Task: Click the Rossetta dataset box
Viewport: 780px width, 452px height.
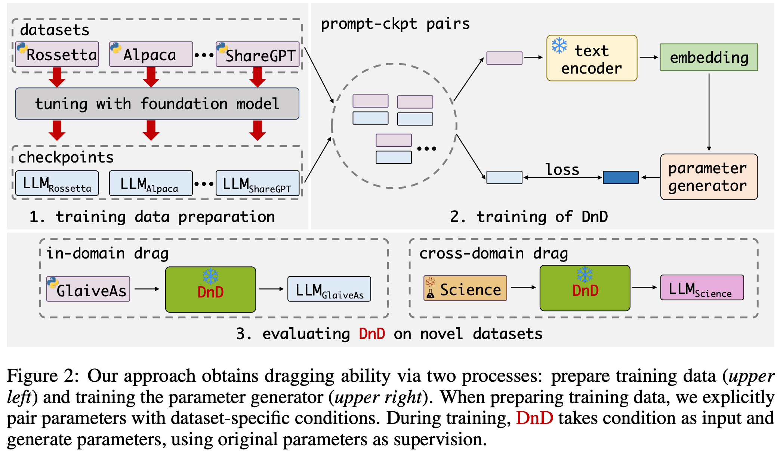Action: [57, 55]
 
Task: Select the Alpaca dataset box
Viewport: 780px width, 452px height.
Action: [151, 55]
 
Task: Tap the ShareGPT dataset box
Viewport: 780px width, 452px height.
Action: [258, 55]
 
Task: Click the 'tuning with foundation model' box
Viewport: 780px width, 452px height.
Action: [157, 104]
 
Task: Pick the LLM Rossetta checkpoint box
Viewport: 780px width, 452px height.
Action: [57, 183]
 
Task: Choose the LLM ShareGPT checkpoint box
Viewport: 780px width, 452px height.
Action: [258, 183]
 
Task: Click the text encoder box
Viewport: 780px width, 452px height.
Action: [592, 58]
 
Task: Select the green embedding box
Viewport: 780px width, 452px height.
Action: [709, 58]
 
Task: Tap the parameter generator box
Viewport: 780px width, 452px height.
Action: [709, 177]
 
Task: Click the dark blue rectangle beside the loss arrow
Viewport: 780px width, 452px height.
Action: [621, 177]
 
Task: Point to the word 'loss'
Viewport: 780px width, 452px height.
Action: [562, 170]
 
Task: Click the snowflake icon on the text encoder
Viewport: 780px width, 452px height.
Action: [559, 46]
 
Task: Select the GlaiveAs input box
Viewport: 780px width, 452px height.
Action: [88, 289]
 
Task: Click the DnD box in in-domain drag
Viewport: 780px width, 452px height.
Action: [210, 290]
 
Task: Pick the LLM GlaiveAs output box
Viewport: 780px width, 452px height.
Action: [329, 289]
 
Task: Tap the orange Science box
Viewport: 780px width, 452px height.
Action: [465, 288]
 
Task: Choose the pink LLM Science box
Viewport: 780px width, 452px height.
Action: [702, 288]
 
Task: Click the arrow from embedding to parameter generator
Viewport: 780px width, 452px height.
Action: [709, 112]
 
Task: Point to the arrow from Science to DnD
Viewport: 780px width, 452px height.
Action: [523, 287]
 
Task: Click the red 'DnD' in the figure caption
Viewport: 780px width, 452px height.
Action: [534, 418]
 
